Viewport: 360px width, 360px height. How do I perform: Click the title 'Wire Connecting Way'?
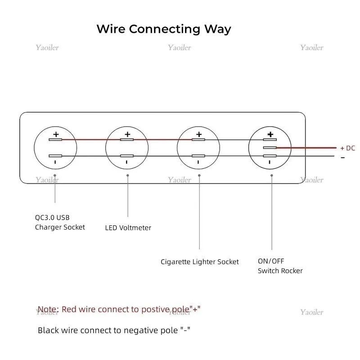pos(164,29)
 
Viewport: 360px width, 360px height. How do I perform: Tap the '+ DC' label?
pos(347,148)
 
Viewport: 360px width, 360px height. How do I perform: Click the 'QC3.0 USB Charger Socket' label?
pos(60,222)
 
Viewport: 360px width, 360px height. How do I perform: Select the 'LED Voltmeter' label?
pos(128,228)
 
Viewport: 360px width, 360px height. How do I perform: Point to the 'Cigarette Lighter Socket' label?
pos(200,262)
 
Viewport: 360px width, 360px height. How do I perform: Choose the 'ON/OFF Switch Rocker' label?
pos(280,266)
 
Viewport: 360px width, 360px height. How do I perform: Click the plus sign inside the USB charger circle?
pos(56,134)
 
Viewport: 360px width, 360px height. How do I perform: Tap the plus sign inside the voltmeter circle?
pos(127,134)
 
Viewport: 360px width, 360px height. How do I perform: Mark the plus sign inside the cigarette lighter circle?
pos(199,134)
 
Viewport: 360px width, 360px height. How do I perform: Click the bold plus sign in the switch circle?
pos(270,134)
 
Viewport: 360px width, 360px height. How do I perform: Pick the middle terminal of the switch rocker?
pos(270,148)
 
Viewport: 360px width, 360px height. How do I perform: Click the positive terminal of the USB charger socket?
pos(55,139)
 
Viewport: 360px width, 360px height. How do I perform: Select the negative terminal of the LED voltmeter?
pos(127,156)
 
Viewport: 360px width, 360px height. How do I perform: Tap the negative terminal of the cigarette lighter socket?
pos(198,156)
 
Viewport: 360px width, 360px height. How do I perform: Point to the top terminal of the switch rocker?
pos(270,139)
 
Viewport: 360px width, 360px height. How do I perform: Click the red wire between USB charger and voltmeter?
pos(91,139)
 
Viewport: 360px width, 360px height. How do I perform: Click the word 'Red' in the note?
pos(69,309)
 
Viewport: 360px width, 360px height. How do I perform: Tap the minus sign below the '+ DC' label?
pos(343,157)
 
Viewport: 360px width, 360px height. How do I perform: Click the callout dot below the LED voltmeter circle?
pos(128,175)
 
